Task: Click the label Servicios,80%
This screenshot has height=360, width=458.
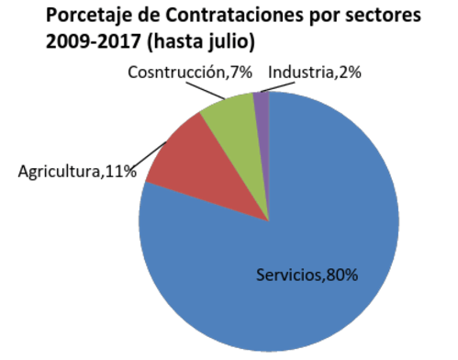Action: pos(306,275)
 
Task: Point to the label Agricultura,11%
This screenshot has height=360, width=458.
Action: pos(77,171)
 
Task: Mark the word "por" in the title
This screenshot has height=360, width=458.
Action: pos(331,17)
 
